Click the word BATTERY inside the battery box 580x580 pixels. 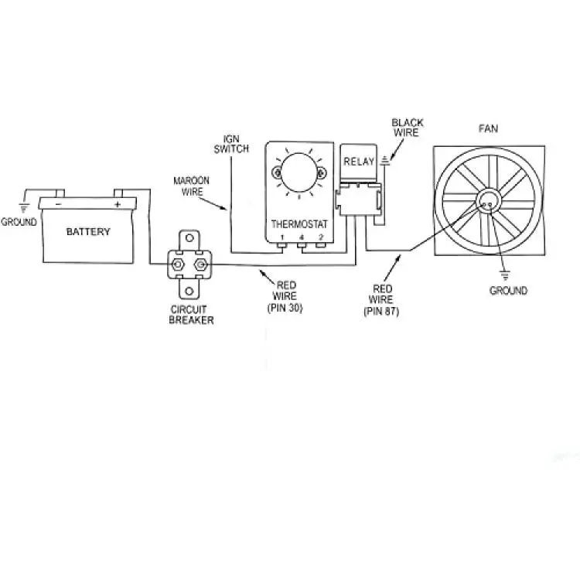(x=88, y=231)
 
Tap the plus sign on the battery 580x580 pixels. (x=118, y=205)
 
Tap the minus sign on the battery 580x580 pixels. (x=58, y=205)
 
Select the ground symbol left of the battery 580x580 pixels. (x=24, y=206)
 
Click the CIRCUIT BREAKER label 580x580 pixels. (x=191, y=315)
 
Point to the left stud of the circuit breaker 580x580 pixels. (x=177, y=265)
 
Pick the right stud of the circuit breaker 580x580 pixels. (x=202, y=265)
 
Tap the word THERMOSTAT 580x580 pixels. (x=300, y=223)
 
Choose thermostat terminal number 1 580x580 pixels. (x=282, y=236)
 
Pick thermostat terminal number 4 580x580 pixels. (x=301, y=236)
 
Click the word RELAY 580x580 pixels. (x=358, y=162)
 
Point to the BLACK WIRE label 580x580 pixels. (x=408, y=128)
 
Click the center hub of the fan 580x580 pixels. (x=488, y=203)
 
